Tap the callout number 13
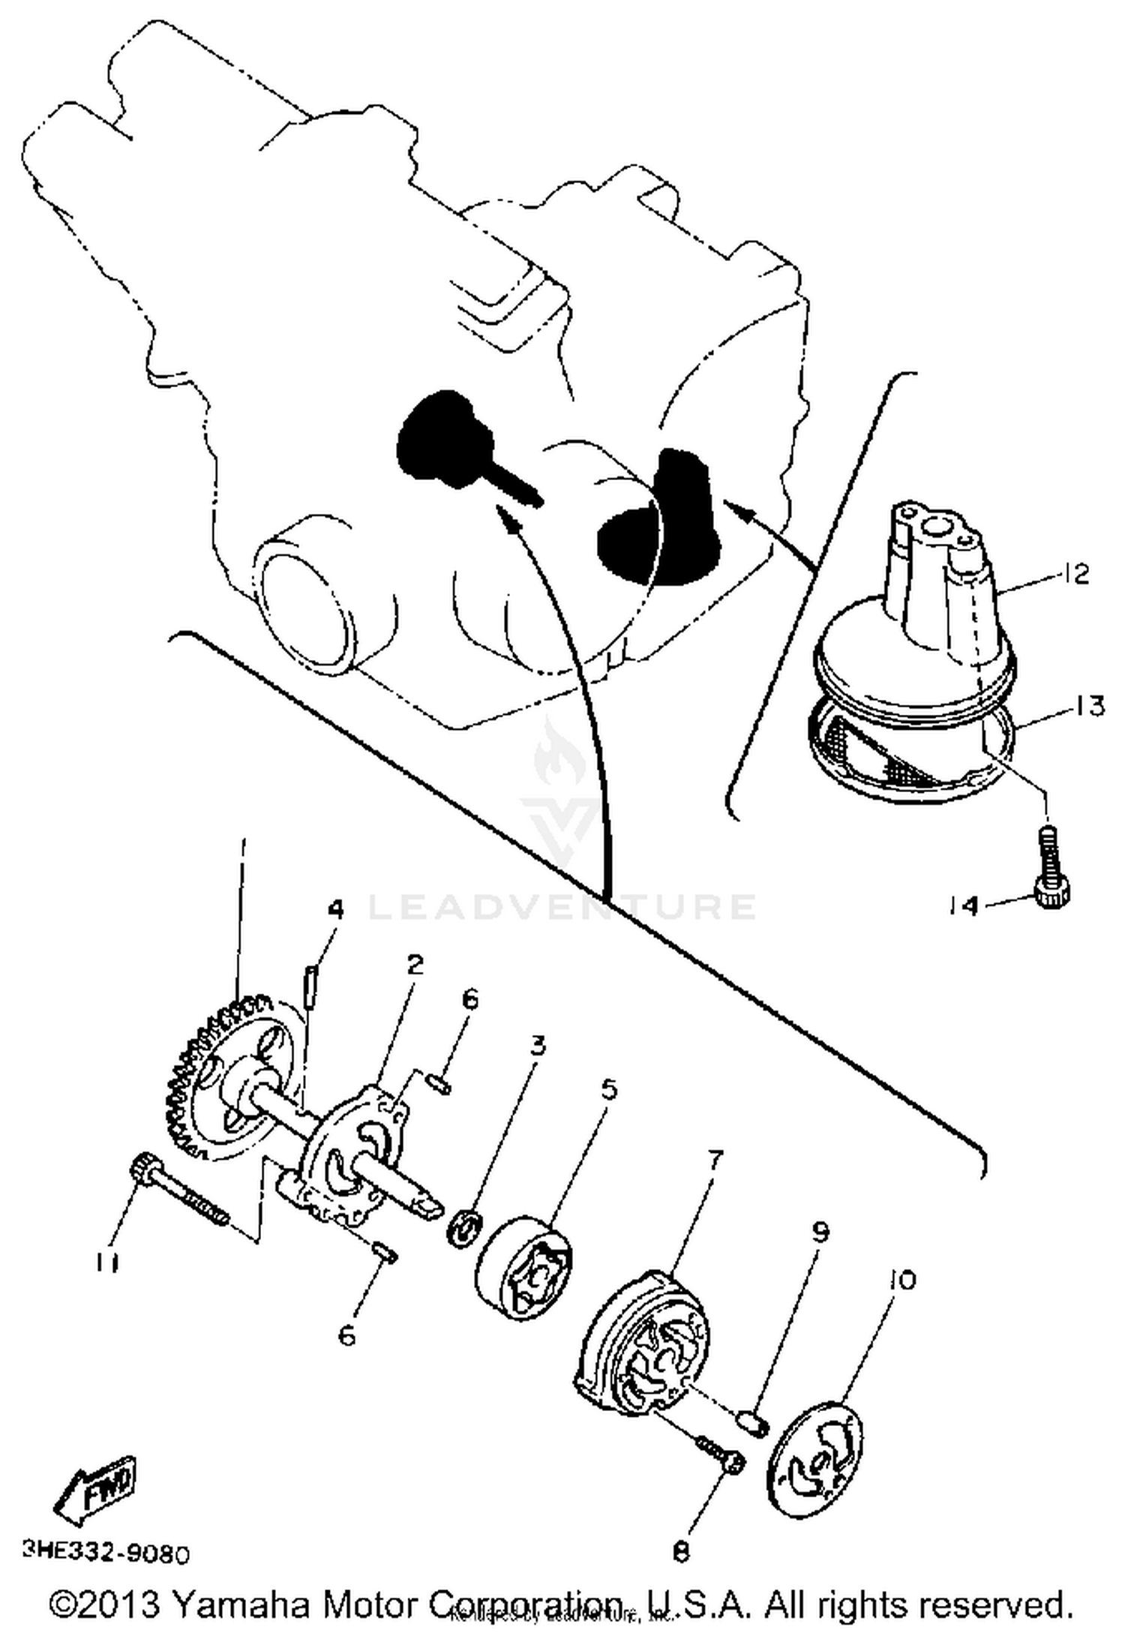click(x=1087, y=706)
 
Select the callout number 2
click(x=414, y=965)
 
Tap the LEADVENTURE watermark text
click(x=562, y=906)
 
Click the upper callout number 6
click(x=469, y=1000)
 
